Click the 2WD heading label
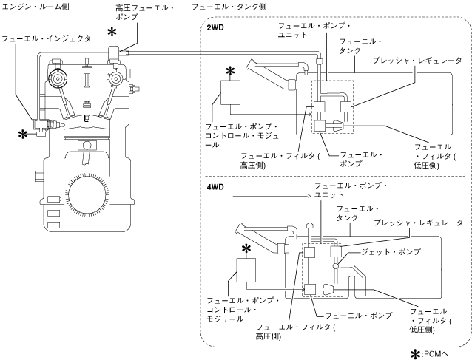(x=215, y=27)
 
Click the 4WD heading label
(x=215, y=187)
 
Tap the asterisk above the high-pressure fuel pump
(x=112, y=32)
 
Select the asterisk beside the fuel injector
(x=23, y=135)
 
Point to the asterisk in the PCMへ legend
(x=416, y=354)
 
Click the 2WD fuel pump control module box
(x=230, y=92)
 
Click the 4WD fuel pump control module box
(x=246, y=270)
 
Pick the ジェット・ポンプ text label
(x=391, y=252)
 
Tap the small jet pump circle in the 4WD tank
(x=336, y=266)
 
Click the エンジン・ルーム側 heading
(x=36, y=7)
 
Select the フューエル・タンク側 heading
(x=229, y=7)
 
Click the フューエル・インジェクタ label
(x=47, y=38)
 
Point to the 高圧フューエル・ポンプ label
(x=145, y=12)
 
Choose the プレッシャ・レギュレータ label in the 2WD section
(x=417, y=61)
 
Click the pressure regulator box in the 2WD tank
(x=346, y=107)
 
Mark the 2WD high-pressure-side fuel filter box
(x=319, y=107)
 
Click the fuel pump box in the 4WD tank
(x=310, y=290)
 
